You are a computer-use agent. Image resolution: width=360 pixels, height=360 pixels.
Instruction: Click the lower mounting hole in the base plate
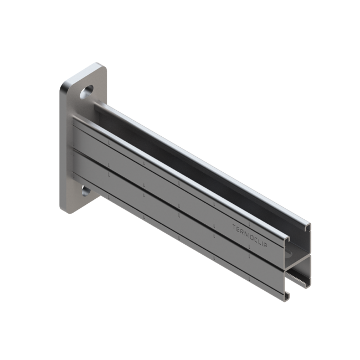[x=86, y=191]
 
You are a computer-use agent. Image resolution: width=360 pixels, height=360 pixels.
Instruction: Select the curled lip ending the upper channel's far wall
[x=307, y=227]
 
